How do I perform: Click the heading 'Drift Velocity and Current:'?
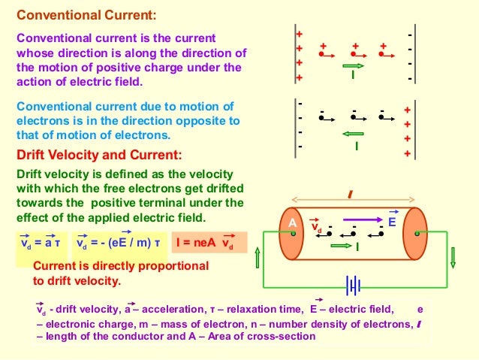click(99, 156)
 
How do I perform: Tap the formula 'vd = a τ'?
click(41, 243)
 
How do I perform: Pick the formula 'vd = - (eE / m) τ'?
click(119, 243)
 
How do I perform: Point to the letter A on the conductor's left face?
click(293, 223)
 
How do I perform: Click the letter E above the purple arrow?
click(391, 222)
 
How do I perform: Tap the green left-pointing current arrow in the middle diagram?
click(352, 135)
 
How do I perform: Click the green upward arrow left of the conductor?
click(257, 258)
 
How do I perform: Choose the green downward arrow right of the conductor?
click(452, 258)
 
